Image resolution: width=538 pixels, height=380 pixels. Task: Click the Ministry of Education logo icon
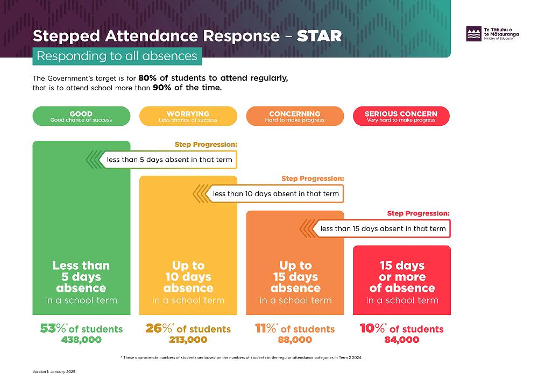pyautogui.click(x=474, y=34)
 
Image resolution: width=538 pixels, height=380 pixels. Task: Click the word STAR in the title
pyautogui.click(x=319, y=36)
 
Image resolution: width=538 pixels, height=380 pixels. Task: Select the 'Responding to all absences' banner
pyautogui.click(x=117, y=56)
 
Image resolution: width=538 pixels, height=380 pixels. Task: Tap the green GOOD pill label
pyautogui.click(x=81, y=116)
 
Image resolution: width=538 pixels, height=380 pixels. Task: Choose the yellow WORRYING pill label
pyautogui.click(x=188, y=116)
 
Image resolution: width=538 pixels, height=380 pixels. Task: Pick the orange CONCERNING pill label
pyautogui.click(x=295, y=116)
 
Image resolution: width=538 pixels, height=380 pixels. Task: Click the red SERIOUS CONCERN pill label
pyautogui.click(x=401, y=116)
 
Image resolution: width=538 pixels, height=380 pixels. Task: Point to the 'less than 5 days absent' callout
pyautogui.click(x=169, y=160)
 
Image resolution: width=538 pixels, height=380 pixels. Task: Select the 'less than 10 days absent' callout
pyautogui.click(x=275, y=193)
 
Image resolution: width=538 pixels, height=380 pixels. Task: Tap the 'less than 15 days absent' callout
pyautogui.click(x=383, y=228)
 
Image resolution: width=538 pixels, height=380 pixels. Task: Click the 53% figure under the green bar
pyautogui.click(x=52, y=328)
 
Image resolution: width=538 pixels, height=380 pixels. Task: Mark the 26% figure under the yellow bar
pyautogui.click(x=158, y=328)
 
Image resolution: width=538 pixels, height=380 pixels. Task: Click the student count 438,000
pyautogui.click(x=81, y=340)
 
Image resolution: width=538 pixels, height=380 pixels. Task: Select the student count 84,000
pyautogui.click(x=401, y=340)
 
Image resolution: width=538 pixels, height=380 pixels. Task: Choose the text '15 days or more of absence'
pyautogui.click(x=402, y=277)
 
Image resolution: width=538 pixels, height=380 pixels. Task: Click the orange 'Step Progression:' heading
pyautogui.click(x=313, y=178)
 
